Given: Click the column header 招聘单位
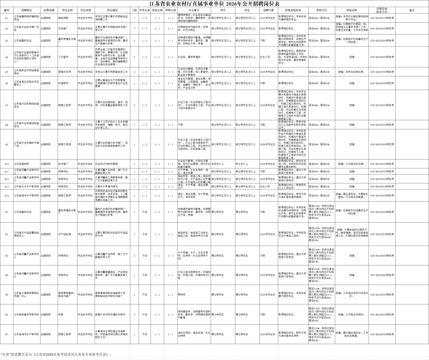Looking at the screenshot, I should [27, 10].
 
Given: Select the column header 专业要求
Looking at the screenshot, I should [193, 10].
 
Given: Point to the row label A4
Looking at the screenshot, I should [6, 57].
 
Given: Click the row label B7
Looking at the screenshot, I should [6, 334].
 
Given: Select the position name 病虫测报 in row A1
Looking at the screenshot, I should [65, 18].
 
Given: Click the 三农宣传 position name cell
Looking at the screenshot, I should [65, 57].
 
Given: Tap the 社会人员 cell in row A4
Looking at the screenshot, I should [267, 57].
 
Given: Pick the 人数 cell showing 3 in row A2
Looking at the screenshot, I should [135, 29].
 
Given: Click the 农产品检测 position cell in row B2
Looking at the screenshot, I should [65, 234].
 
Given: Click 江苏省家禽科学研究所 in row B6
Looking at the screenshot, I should [27, 314].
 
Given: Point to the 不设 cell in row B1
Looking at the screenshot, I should [145, 212].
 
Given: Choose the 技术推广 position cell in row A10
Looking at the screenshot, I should [65, 164].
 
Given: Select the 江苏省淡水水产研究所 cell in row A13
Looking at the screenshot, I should [27, 186].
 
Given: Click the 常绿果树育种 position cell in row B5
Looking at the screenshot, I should [65, 295].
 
